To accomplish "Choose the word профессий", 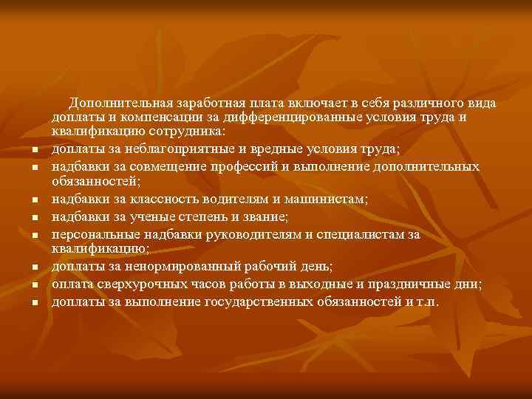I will click(x=242, y=166).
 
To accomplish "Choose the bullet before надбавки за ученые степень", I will click(x=35, y=218).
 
